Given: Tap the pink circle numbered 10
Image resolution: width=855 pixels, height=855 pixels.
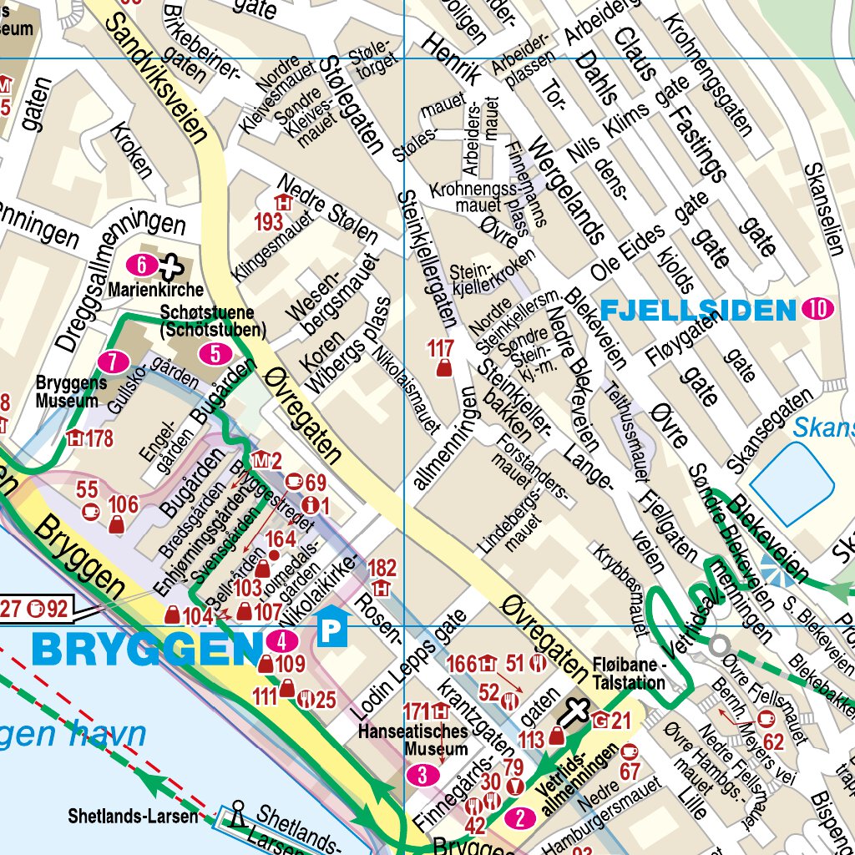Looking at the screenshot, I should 817,310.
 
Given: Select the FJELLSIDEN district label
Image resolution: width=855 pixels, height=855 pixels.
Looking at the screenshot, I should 697,311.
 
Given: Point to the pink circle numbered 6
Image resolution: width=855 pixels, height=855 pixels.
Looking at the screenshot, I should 143,266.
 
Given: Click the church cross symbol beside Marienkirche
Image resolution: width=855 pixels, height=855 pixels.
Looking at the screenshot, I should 171,266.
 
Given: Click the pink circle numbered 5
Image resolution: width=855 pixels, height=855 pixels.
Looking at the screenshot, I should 215,353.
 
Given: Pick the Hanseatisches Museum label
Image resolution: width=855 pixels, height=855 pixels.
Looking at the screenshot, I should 412,740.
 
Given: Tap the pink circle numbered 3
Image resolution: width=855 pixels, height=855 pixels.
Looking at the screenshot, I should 422,776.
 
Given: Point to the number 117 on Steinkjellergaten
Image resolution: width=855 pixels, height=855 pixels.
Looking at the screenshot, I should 440,348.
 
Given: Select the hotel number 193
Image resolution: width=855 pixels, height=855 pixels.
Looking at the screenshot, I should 269,221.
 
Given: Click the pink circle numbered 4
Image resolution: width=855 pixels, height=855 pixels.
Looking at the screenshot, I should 283,642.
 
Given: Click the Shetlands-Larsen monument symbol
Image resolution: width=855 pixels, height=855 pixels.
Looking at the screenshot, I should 238,814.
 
